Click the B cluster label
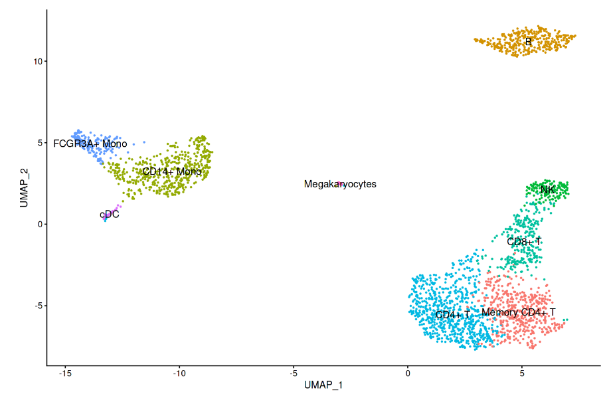coord(528,43)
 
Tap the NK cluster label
coord(547,190)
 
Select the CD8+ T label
coord(524,242)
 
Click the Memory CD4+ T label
coord(518,312)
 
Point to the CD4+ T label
coord(453,314)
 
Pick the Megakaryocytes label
coord(340,184)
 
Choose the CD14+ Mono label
coord(171,172)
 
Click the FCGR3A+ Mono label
coord(90,144)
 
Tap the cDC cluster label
coord(110,215)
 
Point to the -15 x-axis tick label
coord(65,375)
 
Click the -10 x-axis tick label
coord(179,375)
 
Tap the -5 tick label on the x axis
coord(294,375)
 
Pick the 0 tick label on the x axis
coord(408,375)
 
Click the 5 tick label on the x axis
coord(522,375)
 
